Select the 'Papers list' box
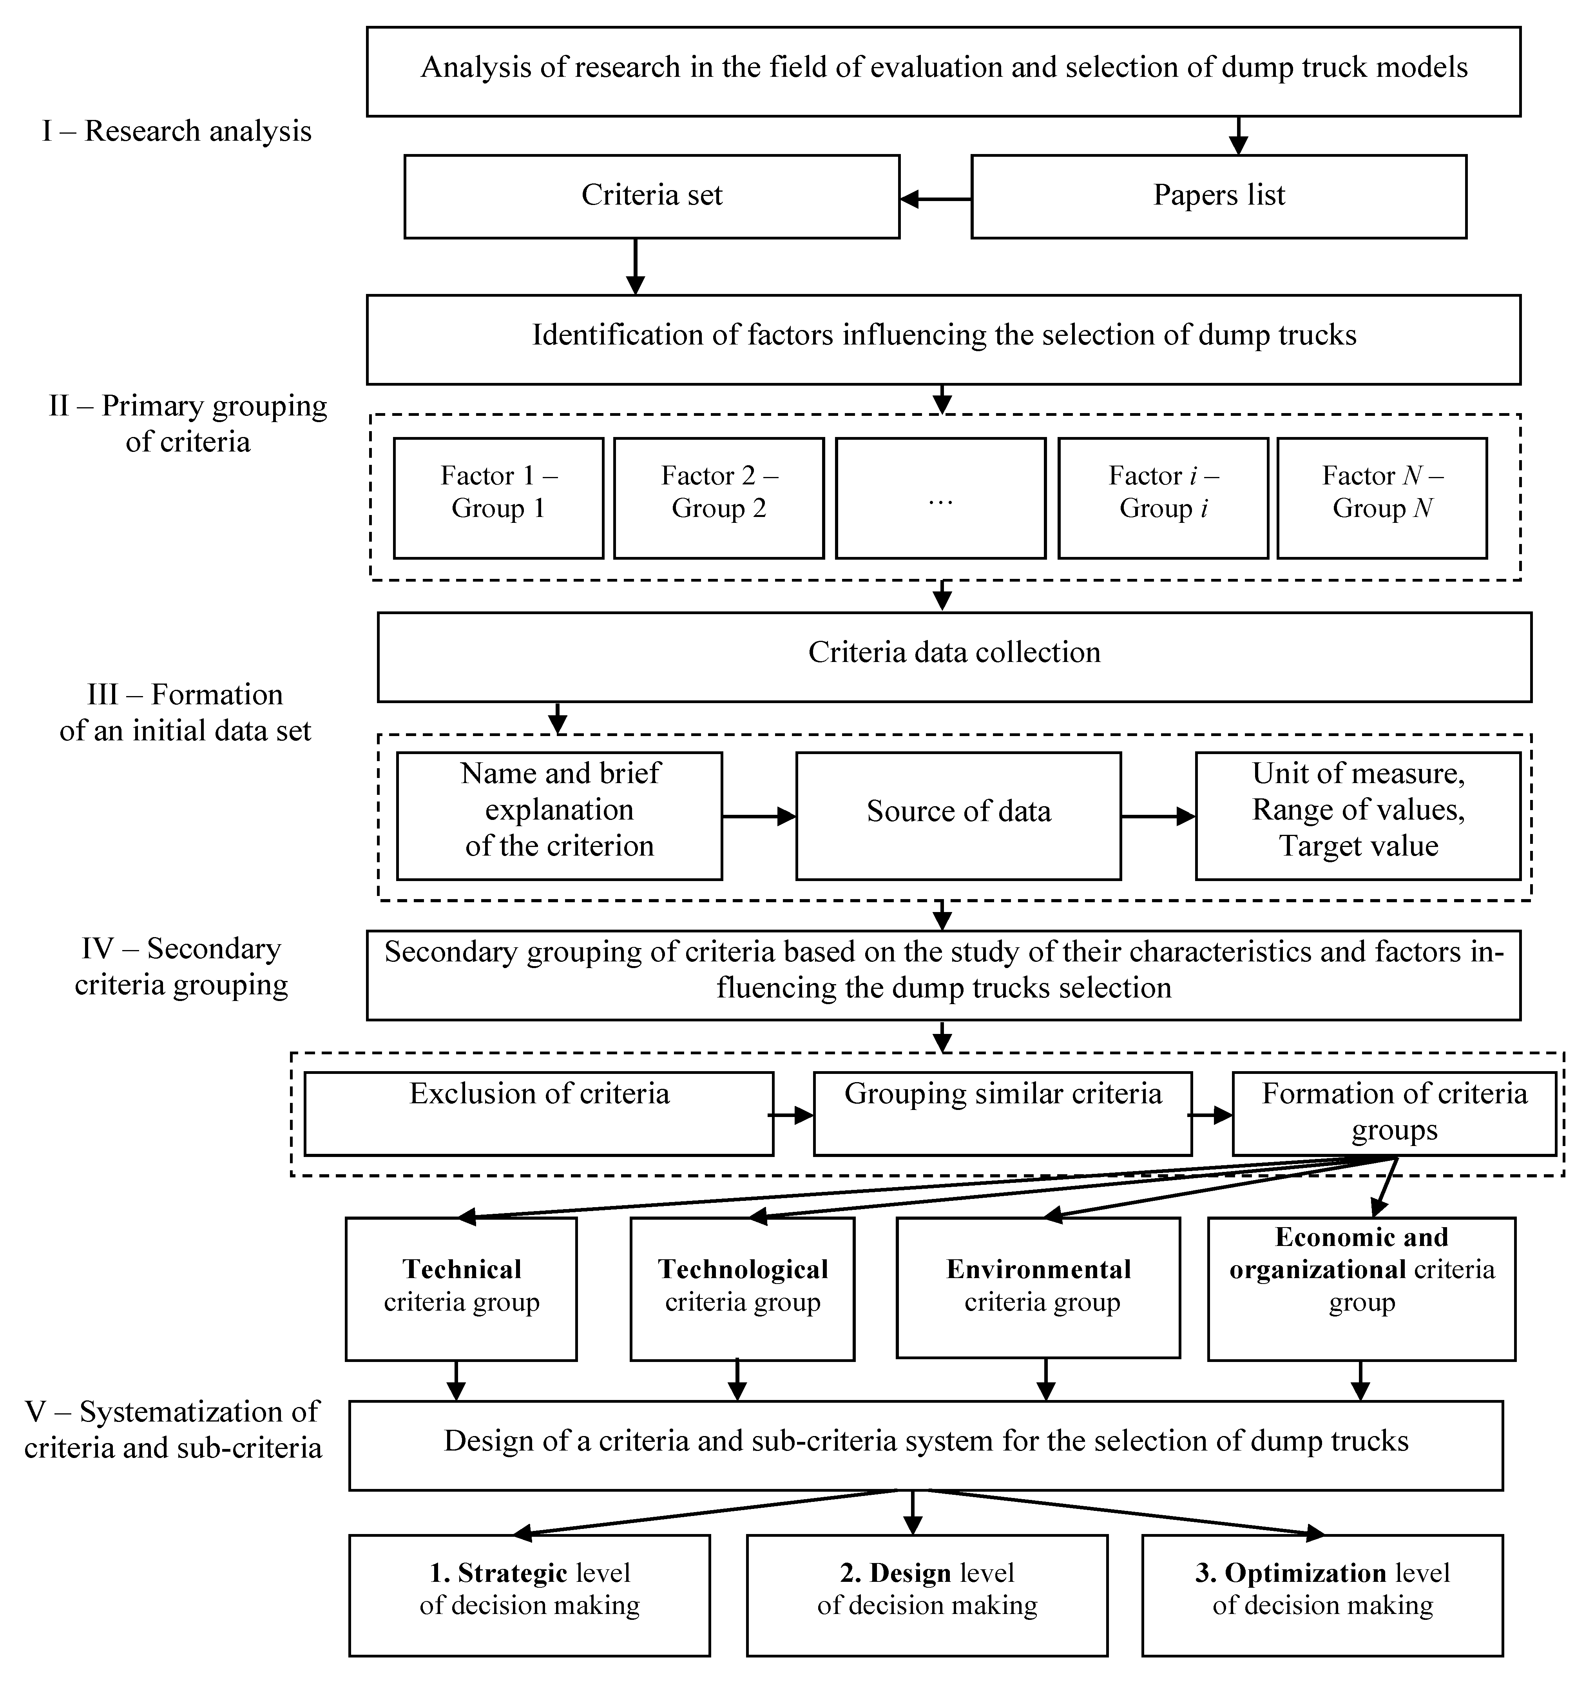(1218, 196)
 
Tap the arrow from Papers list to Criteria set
(935, 199)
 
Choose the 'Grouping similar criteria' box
(1003, 1113)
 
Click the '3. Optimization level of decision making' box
(1322, 1595)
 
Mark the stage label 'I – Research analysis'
(177, 132)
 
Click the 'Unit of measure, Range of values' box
(1358, 816)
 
